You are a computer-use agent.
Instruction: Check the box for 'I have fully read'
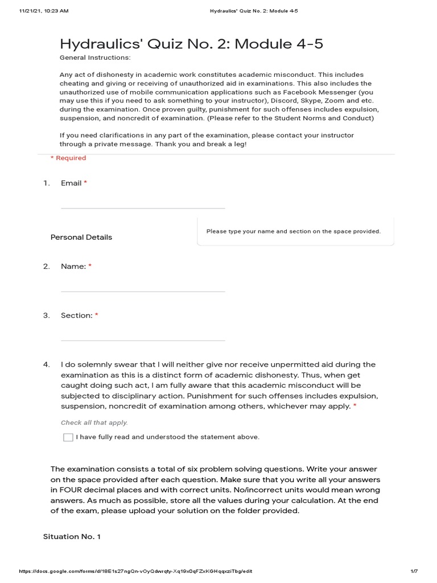pos(68,437)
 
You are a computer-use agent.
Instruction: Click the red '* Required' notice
pos(68,158)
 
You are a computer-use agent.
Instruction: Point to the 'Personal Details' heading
pos(81,237)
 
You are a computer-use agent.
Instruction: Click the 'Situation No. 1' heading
pos(72,537)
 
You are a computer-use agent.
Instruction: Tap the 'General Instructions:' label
pos(95,58)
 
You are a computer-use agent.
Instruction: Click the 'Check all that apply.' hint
pos(94,423)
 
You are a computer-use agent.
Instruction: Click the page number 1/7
pos(414,571)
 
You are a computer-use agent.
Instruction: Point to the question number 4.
pos(46,364)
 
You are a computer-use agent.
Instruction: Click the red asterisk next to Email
pos(85,183)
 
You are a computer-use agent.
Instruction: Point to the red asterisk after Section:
pos(97,315)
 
